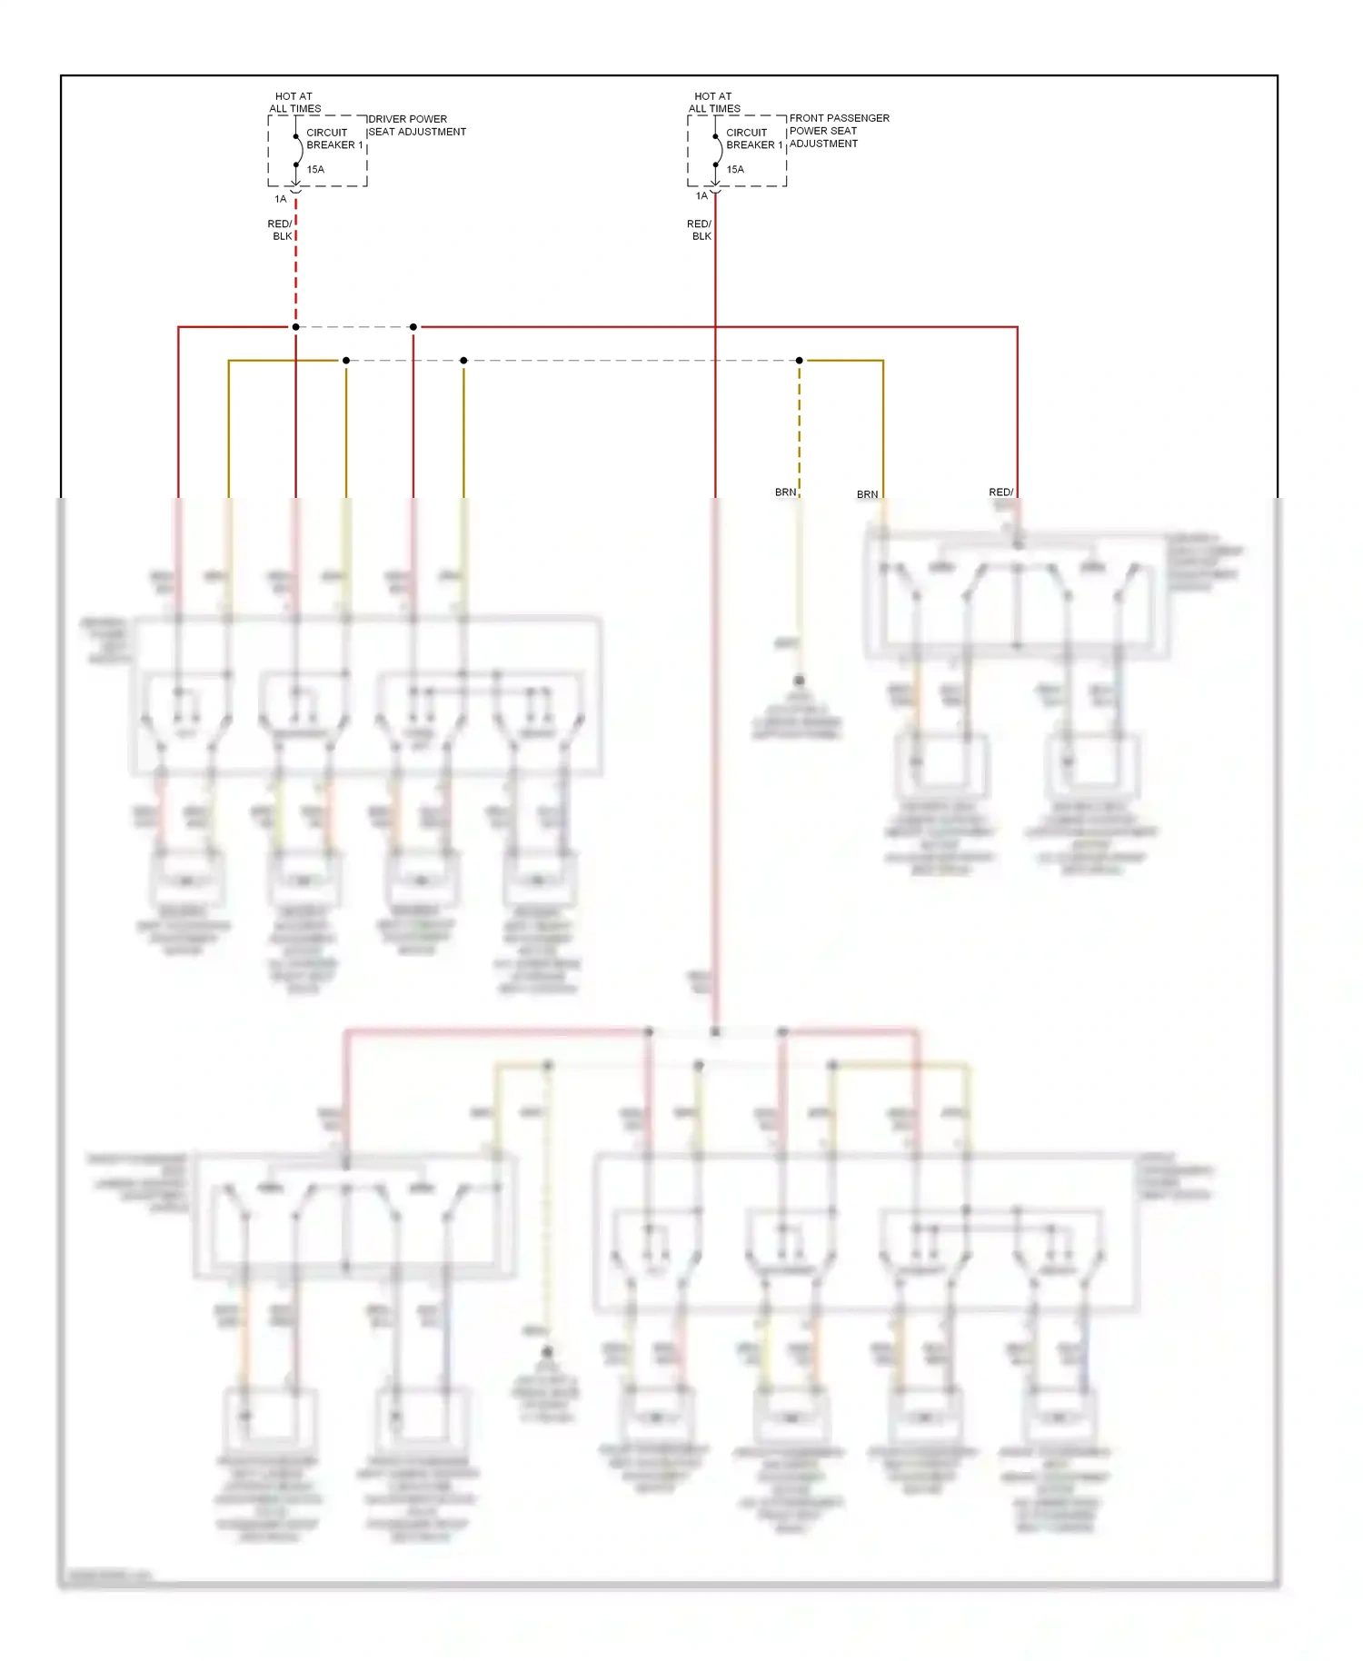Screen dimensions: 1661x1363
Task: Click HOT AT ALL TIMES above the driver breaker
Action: pos(294,102)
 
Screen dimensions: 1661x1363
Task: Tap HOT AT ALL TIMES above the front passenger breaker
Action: pos(714,102)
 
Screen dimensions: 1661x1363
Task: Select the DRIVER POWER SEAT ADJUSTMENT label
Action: pos(417,125)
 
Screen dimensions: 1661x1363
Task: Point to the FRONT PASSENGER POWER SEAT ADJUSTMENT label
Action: pos(839,131)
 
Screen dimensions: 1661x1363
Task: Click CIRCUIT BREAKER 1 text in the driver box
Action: pos(333,138)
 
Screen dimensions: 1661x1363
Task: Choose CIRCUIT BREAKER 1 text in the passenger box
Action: pos(753,138)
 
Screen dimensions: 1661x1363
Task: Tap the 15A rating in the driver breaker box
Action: pos(315,169)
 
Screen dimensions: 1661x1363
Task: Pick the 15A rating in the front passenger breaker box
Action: pos(735,169)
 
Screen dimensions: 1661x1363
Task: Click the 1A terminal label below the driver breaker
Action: pos(281,199)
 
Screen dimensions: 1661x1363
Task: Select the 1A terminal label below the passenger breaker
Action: pos(701,196)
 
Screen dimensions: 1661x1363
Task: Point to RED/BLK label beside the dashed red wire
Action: pos(281,230)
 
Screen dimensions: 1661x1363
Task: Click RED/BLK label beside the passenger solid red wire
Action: pos(700,230)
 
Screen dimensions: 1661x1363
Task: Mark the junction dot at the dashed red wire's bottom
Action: pos(296,327)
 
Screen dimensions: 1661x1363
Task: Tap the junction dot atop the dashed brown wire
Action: pos(800,361)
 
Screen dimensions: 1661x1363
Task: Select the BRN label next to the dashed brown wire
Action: pos(785,492)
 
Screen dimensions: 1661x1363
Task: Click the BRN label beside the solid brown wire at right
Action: pos(867,495)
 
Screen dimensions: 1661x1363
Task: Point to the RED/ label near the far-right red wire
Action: pos(1000,492)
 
